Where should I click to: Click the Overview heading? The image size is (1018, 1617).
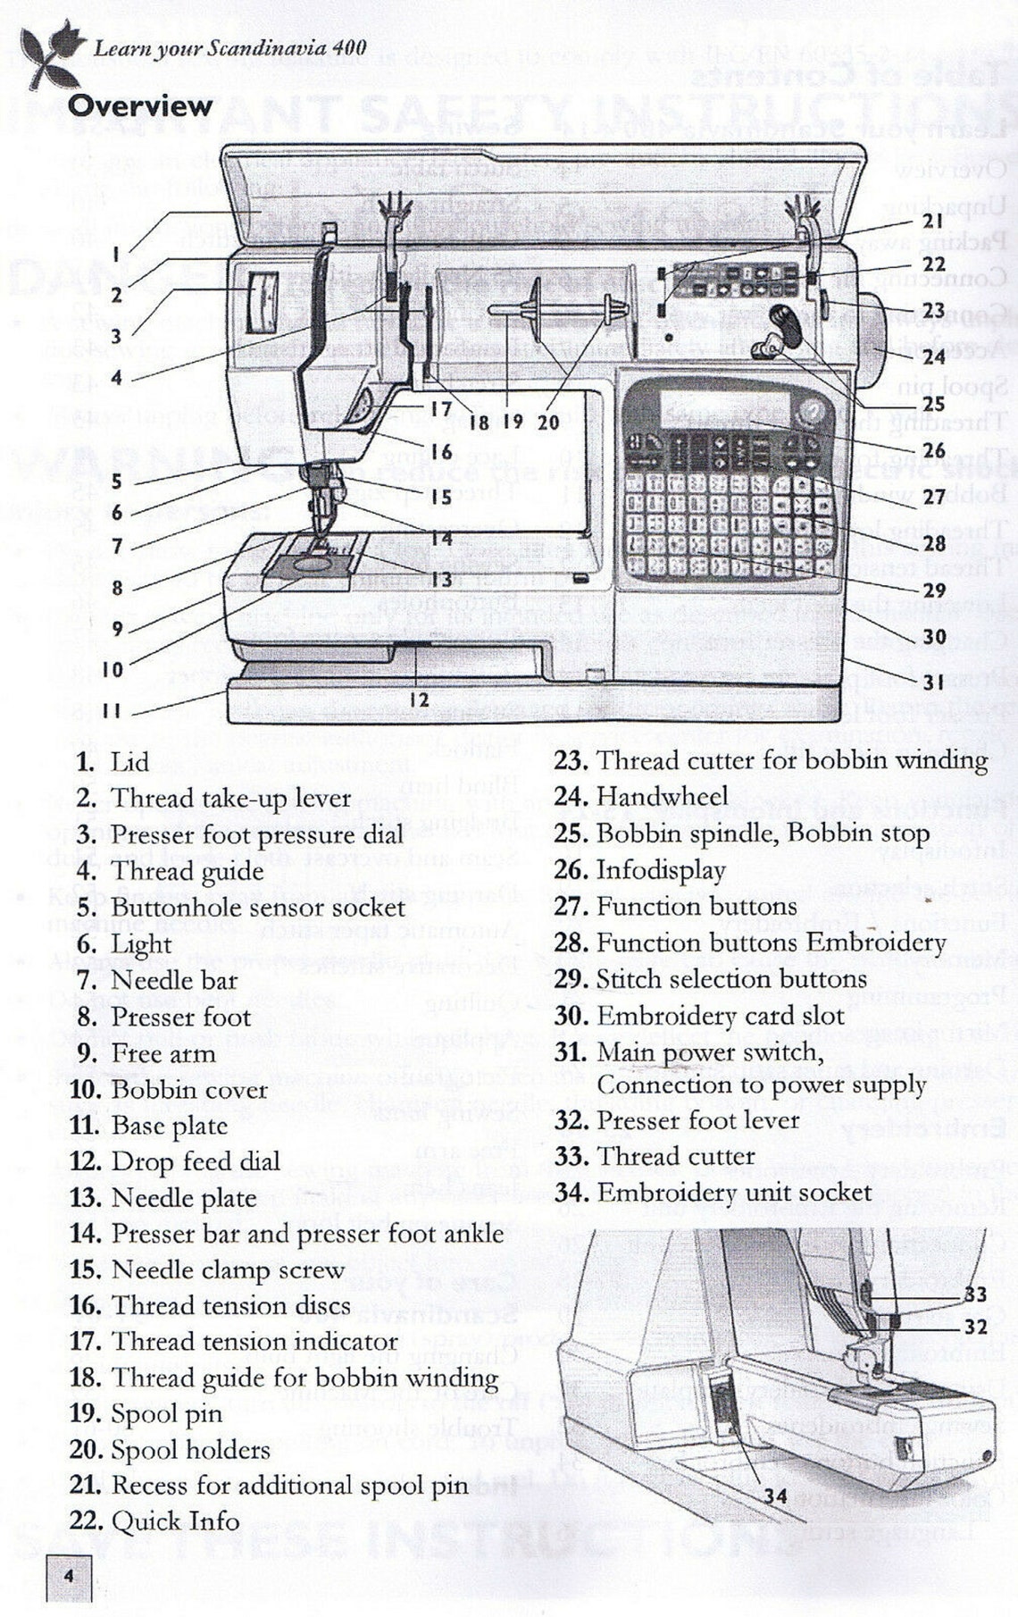click(140, 106)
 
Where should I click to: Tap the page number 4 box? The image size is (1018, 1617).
click(69, 1576)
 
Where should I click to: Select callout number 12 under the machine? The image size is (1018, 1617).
click(419, 700)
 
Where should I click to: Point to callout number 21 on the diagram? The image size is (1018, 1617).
click(933, 222)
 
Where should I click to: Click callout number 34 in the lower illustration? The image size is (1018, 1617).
click(776, 1495)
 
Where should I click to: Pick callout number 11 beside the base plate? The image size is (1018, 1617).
click(112, 711)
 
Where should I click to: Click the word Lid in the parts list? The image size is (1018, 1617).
click(129, 762)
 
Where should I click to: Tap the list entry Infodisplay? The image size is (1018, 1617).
click(661, 869)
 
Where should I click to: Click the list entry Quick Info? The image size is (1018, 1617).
click(175, 1521)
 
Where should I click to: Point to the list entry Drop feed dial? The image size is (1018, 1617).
click(195, 1161)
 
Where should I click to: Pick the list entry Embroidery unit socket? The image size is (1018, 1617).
click(733, 1192)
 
